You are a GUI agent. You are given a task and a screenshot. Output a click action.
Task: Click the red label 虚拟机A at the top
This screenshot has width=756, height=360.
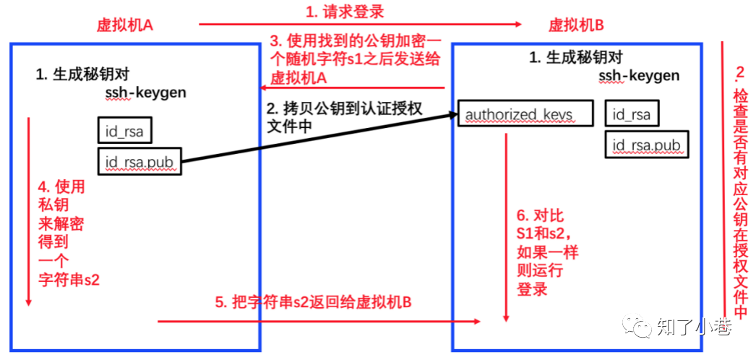click(125, 25)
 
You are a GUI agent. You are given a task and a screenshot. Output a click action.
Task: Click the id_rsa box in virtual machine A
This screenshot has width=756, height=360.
click(124, 130)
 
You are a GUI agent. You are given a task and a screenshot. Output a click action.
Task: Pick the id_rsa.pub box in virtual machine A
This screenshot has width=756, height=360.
click(139, 162)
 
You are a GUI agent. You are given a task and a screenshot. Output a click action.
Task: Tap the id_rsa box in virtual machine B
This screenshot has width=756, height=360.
click(632, 114)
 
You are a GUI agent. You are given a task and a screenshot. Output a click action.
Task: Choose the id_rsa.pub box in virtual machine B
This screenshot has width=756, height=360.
click(646, 145)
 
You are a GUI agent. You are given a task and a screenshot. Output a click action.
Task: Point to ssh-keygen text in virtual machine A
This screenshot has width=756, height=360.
click(146, 93)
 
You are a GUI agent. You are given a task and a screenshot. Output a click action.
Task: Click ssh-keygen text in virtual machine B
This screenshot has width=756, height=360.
click(639, 76)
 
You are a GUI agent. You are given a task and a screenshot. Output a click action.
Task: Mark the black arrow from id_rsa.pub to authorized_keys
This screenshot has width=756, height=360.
click(318, 139)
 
